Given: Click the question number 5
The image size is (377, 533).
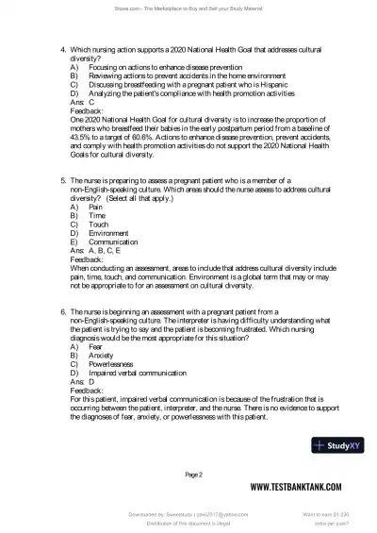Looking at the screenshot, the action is click(x=62, y=180).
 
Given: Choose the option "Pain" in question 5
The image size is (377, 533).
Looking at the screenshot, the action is click(x=96, y=207).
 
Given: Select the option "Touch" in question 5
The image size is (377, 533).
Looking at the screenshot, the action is click(x=98, y=225).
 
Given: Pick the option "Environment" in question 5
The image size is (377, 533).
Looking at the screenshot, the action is click(x=108, y=233).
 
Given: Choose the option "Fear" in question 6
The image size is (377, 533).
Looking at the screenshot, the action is click(x=96, y=346).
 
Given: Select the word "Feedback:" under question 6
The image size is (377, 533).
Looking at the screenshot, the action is click(x=87, y=390).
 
